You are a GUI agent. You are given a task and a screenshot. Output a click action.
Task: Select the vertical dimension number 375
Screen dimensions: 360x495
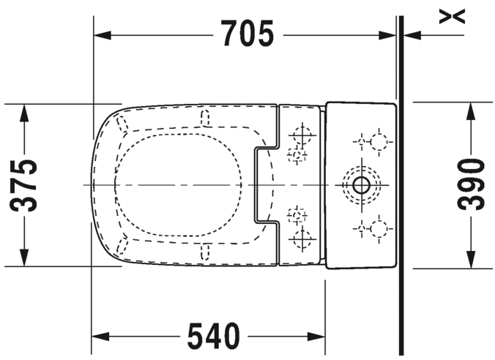pyautogui.click(x=26, y=185)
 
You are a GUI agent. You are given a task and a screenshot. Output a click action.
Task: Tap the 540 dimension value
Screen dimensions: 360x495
pyautogui.click(x=213, y=337)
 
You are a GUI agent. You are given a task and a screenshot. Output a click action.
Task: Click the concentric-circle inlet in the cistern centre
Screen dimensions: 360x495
pyautogui.click(x=360, y=184)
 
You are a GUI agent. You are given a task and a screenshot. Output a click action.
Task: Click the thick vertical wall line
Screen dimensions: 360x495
pyautogui.click(x=399, y=183)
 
